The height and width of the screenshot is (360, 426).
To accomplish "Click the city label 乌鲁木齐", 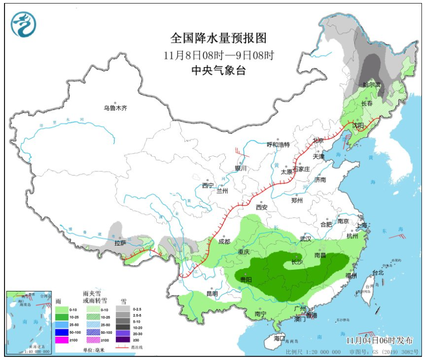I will click(116, 107).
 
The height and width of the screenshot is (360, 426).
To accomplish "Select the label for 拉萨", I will click(120, 243).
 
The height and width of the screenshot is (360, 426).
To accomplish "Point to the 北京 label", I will click(318, 141).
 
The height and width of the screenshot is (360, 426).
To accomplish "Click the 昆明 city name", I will click(212, 293).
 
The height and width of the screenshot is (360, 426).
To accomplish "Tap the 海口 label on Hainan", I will click(279, 338).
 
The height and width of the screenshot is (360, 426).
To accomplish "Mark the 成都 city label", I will click(224, 241).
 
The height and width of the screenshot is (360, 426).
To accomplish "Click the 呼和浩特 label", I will click(278, 144).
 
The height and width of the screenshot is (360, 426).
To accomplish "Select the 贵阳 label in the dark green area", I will click(247, 280).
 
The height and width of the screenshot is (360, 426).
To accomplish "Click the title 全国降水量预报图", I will click(218, 38).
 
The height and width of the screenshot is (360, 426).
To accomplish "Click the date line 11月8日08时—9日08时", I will click(218, 55).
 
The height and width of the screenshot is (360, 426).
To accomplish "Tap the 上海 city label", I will click(361, 225).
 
